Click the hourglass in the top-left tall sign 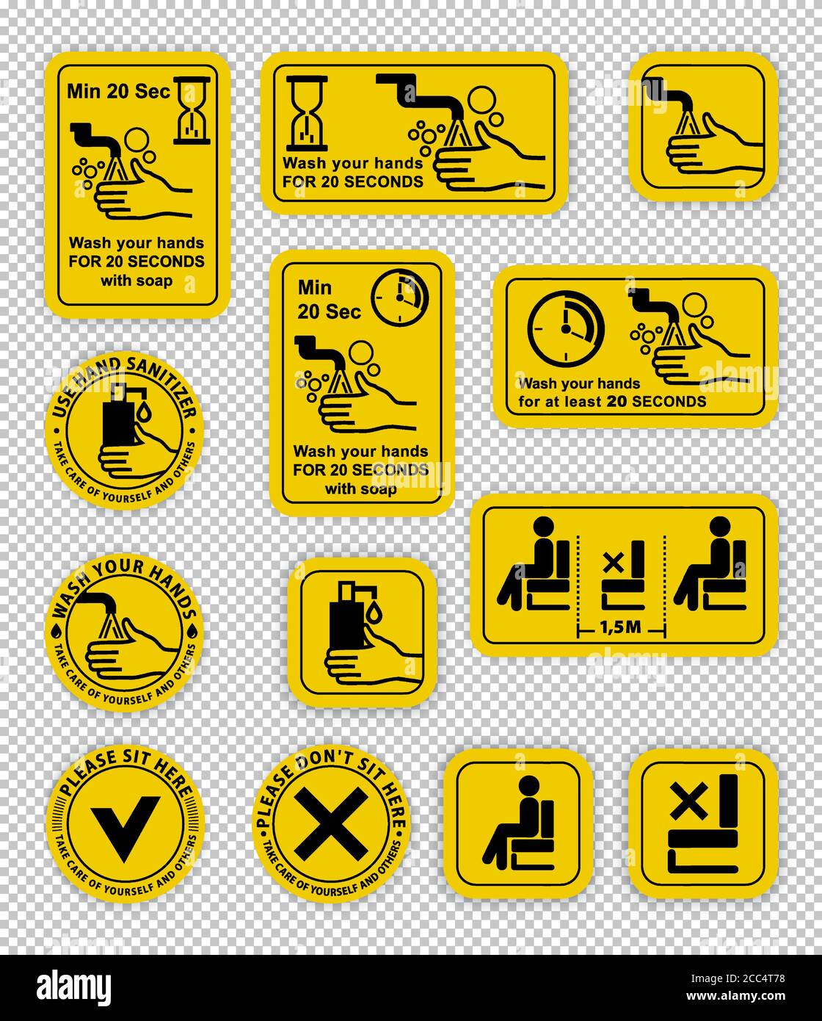click(192, 111)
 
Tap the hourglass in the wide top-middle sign click(306, 113)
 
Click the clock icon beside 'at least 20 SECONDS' click(565, 328)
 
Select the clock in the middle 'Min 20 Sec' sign click(399, 297)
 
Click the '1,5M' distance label click(622, 629)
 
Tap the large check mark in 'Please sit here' click(125, 827)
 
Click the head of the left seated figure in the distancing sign click(543, 527)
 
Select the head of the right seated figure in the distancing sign click(720, 527)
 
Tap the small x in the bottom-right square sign click(688, 801)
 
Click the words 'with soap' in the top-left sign click(137, 281)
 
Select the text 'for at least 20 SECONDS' click(612, 401)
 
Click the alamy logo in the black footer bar click(74, 986)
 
